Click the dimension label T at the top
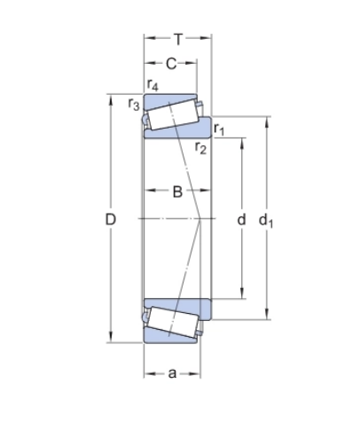[x=178, y=38]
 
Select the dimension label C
[x=171, y=63]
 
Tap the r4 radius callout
[x=153, y=86]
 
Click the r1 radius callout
[x=219, y=131]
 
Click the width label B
[x=177, y=192]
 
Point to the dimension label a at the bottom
[x=171, y=372]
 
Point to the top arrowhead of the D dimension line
[x=111, y=97]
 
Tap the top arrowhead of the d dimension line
[x=240, y=139]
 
